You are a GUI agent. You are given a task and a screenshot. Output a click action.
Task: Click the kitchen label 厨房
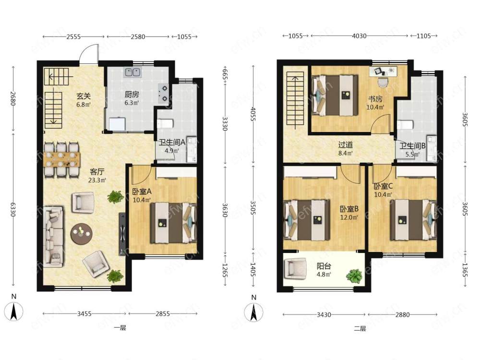tap(132, 95)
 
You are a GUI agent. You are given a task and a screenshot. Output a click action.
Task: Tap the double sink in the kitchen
tap(132, 72)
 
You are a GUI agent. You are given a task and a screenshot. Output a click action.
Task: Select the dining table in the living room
tap(61, 159)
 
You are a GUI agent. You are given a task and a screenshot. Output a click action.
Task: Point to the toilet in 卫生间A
tap(165, 123)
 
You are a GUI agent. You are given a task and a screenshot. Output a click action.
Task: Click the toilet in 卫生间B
tap(405, 125)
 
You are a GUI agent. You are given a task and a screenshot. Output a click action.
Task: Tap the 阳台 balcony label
tap(324, 266)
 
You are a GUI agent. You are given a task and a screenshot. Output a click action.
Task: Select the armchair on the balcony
tap(295, 268)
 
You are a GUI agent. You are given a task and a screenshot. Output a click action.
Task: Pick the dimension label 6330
tap(13, 209)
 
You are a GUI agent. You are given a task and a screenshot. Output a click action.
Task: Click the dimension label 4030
tap(359, 36)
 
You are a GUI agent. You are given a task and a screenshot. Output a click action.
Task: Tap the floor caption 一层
tap(120, 328)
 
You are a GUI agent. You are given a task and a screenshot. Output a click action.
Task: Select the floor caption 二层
tap(360, 329)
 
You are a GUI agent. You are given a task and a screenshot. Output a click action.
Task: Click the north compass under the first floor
tap(13, 312)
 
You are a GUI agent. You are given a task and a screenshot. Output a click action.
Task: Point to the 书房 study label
tap(375, 99)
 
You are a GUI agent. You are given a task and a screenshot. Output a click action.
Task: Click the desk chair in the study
tap(383, 83)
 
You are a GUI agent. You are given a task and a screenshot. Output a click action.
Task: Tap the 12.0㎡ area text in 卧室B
tap(349, 217)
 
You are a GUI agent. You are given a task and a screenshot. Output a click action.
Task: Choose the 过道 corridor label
tap(345, 144)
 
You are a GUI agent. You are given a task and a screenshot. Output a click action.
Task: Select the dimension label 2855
tap(163, 314)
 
